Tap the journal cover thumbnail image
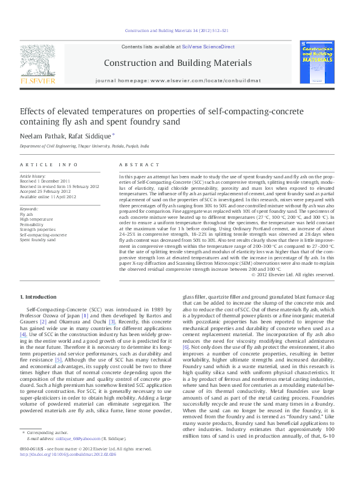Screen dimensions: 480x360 tap(318, 65)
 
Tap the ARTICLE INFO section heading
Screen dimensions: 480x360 tap(49, 164)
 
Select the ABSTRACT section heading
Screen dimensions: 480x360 tap(134, 164)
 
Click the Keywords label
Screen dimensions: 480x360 tap(30, 209)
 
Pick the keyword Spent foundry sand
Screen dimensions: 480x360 tap(38, 240)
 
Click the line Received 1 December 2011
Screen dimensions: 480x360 tap(46, 181)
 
